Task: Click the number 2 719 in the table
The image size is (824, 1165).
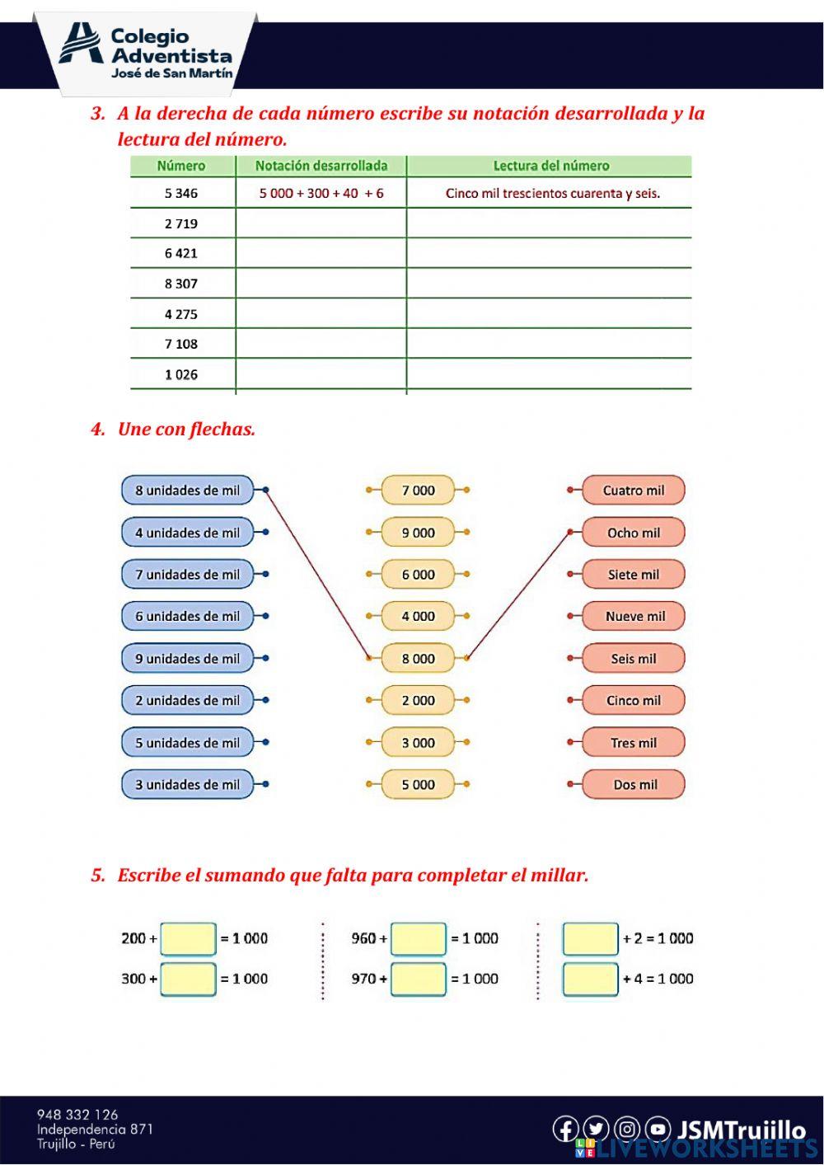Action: click(181, 223)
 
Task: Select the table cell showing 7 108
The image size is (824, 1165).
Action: click(181, 344)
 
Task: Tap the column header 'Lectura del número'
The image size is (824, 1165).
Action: click(550, 166)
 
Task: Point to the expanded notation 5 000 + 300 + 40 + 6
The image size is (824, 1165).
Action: click(321, 194)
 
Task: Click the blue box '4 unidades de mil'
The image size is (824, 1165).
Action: click(188, 533)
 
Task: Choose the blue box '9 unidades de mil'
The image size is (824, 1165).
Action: click(188, 659)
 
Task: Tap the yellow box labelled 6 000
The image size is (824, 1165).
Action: click(418, 575)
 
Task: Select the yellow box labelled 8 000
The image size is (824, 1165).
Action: click(418, 659)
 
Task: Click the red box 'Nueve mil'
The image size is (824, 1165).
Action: click(634, 617)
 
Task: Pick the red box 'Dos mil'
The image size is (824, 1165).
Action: click(634, 785)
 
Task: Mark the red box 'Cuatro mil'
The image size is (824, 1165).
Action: click(633, 491)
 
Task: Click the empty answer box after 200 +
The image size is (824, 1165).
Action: click(189, 938)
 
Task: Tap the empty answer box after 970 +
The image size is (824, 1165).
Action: click(419, 979)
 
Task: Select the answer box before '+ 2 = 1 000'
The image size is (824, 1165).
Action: click(590, 938)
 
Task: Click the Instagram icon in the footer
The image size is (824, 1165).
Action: click(627, 1129)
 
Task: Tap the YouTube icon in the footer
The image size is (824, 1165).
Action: click(658, 1129)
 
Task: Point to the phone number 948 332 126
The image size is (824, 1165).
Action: click(77, 1115)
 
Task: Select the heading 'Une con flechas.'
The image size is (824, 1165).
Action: click(186, 430)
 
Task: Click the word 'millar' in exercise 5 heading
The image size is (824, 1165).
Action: click(558, 876)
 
